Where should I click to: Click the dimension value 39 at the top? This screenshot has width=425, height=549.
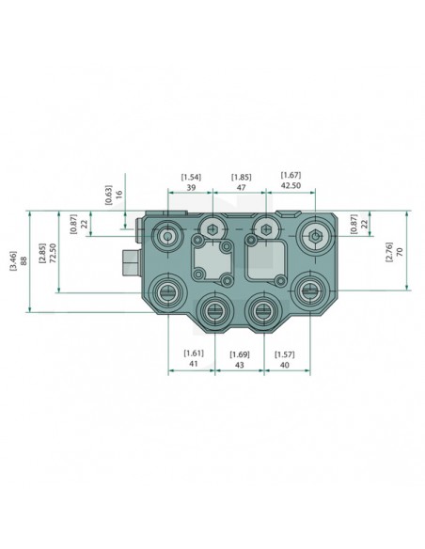pos(192,188)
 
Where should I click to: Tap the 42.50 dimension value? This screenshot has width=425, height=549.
pos(291,188)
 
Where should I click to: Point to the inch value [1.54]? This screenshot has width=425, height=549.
pos(192,177)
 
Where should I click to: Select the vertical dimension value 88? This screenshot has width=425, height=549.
pos(24,260)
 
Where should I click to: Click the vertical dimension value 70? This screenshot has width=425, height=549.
pos(401,251)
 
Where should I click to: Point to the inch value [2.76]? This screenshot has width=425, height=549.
pos(389,251)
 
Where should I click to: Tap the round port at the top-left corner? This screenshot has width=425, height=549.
pos(168,237)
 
